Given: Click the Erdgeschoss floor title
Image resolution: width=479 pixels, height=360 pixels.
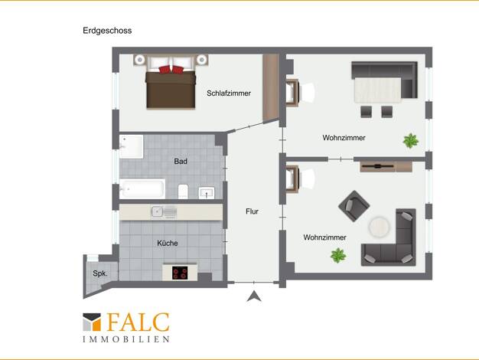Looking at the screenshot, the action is (x=107, y=31).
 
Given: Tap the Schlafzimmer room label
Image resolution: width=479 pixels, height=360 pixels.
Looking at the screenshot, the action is (x=229, y=93).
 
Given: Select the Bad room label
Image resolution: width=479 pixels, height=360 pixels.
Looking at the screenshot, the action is (x=181, y=161).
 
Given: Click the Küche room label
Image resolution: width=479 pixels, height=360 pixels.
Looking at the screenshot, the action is (x=168, y=243).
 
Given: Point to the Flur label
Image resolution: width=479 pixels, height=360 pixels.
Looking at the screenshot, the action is (x=252, y=211).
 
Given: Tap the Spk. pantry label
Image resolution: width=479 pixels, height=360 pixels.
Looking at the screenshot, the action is (x=100, y=273).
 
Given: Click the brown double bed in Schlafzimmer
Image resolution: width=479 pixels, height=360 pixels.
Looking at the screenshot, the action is (x=171, y=90).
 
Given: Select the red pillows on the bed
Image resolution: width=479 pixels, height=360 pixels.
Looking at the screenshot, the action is (x=171, y=70).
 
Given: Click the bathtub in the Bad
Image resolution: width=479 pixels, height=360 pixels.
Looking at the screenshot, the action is (x=142, y=188).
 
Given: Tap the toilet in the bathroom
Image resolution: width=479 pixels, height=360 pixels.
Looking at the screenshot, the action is (x=183, y=191).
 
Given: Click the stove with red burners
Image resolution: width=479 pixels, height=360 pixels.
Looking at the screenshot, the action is (x=180, y=273).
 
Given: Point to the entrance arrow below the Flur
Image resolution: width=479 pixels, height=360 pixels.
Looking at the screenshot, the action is (x=254, y=296).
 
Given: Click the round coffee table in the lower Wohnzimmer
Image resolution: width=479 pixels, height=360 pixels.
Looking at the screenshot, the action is (x=379, y=227).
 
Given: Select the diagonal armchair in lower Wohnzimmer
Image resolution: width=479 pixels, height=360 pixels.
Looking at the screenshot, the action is (x=354, y=206).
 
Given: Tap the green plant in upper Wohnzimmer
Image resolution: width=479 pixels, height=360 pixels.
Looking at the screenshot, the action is (x=411, y=141).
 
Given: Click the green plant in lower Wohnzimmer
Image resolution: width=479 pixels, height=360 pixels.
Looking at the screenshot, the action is (x=338, y=255).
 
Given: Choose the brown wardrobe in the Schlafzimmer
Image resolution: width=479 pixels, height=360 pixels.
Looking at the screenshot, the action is (x=271, y=88).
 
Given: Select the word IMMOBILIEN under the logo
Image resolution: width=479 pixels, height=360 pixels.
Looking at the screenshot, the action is (x=126, y=339).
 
